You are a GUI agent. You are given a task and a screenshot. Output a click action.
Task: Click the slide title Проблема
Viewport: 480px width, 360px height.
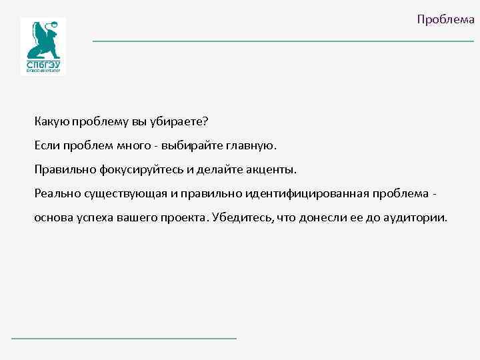point(445,19)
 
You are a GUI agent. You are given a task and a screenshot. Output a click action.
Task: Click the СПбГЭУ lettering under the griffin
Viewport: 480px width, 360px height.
point(43,65)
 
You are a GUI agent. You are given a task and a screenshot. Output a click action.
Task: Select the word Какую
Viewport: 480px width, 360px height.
point(51,121)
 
